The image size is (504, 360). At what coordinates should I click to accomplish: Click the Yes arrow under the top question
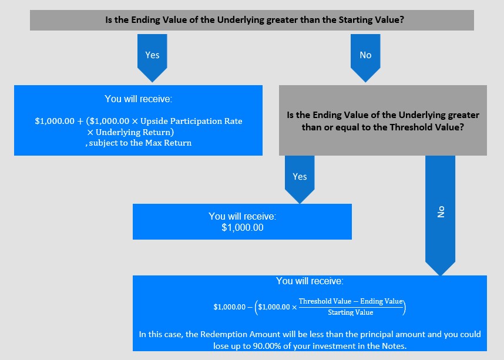pyautogui.click(x=152, y=58)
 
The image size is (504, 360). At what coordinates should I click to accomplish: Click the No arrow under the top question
pyautogui.click(x=365, y=58)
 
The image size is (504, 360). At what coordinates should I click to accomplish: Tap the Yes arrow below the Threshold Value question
pyautogui.click(x=300, y=179)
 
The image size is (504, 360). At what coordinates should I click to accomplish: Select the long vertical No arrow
pyautogui.click(x=441, y=216)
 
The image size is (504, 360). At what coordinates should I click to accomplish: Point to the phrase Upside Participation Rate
pyautogui.click(x=191, y=121)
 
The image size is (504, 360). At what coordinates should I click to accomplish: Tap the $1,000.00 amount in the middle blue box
pyautogui.click(x=243, y=228)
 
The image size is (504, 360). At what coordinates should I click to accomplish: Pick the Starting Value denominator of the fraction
pyautogui.click(x=350, y=312)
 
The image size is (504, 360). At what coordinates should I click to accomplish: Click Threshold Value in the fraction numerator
pyautogui.click(x=325, y=301)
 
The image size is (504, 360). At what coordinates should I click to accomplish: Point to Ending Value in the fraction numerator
pyautogui.click(x=381, y=301)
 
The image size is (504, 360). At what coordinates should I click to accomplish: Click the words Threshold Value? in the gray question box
pyautogui.click(x=427, y=127)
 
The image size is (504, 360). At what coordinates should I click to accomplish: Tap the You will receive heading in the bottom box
pyautogui.click(x=310, y=281)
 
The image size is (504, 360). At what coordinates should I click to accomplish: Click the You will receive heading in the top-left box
pyautogui.click(x=138, y=99)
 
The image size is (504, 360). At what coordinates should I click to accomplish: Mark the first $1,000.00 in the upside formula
pyautogui.click(x=55, y=121)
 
